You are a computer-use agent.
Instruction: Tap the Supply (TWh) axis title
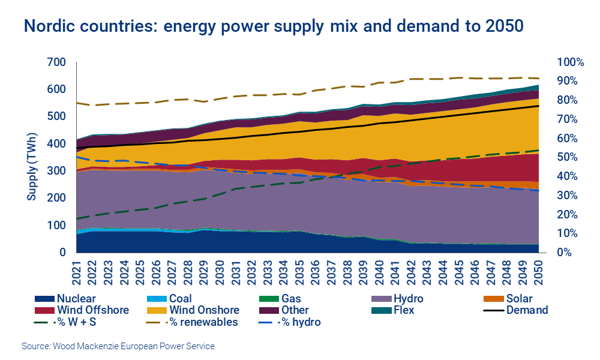tap(32, 157)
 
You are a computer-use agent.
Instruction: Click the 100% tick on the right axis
tap(569, 62)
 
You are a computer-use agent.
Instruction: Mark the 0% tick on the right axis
tap(564, 253)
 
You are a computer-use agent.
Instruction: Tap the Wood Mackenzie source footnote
tap(118, 346)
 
